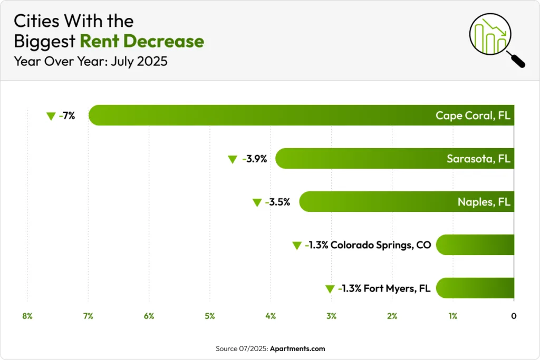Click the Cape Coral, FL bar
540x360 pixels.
click(301, 115)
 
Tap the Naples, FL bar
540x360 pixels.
click(406, 201)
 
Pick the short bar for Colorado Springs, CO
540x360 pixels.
click(475, 245)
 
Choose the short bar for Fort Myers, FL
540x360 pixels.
click(475, 288)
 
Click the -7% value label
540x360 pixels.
click(67, 115)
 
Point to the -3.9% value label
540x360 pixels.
click(254, 159)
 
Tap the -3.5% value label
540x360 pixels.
click(277, 202)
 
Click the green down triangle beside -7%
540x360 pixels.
click(51, 116)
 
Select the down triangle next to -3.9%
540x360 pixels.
click(232, 159)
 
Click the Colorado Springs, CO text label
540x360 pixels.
click(381, 245)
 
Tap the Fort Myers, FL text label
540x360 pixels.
click(397, 288)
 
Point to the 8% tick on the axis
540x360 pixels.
click(27, 316)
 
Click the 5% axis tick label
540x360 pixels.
click(210, 316)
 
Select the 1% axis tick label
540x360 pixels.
click(452, 316)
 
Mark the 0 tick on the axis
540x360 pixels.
click(514, 316)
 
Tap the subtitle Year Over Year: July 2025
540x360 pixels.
click(91, 61)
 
